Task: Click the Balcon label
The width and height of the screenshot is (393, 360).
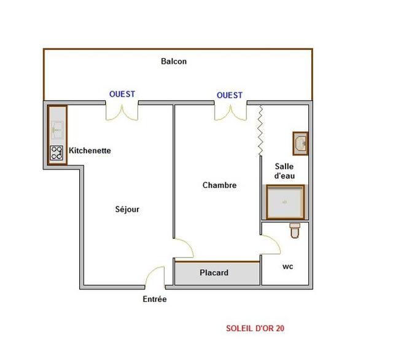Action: pyautogui.click(x=174, y=61)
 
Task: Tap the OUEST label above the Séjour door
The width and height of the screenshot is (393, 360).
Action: pyautogui.click(x=122, y=94)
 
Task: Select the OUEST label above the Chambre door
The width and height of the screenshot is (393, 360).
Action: pyautogui.click(x=230, y=95)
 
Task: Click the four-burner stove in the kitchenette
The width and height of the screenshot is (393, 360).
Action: pyautogui.click(x=56, y=153)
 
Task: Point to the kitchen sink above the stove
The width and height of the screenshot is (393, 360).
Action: pyautogui.click(x=57, y=130)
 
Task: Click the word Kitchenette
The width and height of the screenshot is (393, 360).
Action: pyautogui.click(x=90, y=151)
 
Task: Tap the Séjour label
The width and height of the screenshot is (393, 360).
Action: pyautogui.click(x=127, y=209)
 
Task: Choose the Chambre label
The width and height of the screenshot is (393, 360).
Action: pyautogui.click(x=220, y=186)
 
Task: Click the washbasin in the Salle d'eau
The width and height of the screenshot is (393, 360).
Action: pyautogui.click(x=300, y=143)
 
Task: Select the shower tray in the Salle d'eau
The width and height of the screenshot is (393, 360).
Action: pyautogui.click(x=286, y=202)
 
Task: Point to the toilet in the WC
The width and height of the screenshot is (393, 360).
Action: pyautogui.click(x=295, y=230)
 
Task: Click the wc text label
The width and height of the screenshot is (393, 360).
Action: pyautogui.click(x=288, y=267)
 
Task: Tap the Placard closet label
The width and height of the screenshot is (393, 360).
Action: pyautogui.click(x=214, y=273)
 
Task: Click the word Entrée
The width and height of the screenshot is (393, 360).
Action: pyautogui.click(x=155, y=299)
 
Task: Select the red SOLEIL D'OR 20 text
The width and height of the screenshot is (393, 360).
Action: pyautogui.click(x=255, y=328)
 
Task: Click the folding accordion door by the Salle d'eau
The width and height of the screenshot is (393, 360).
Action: pyautogui.click(x=260, y=130)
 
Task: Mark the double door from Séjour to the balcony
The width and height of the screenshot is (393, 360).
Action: pyautogui.click(x=122, y=112)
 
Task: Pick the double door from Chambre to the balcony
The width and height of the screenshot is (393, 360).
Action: pyautogui.click(x=231, y=112)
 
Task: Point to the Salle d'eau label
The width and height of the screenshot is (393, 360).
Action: pyautogui.click(x=284, y=171)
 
